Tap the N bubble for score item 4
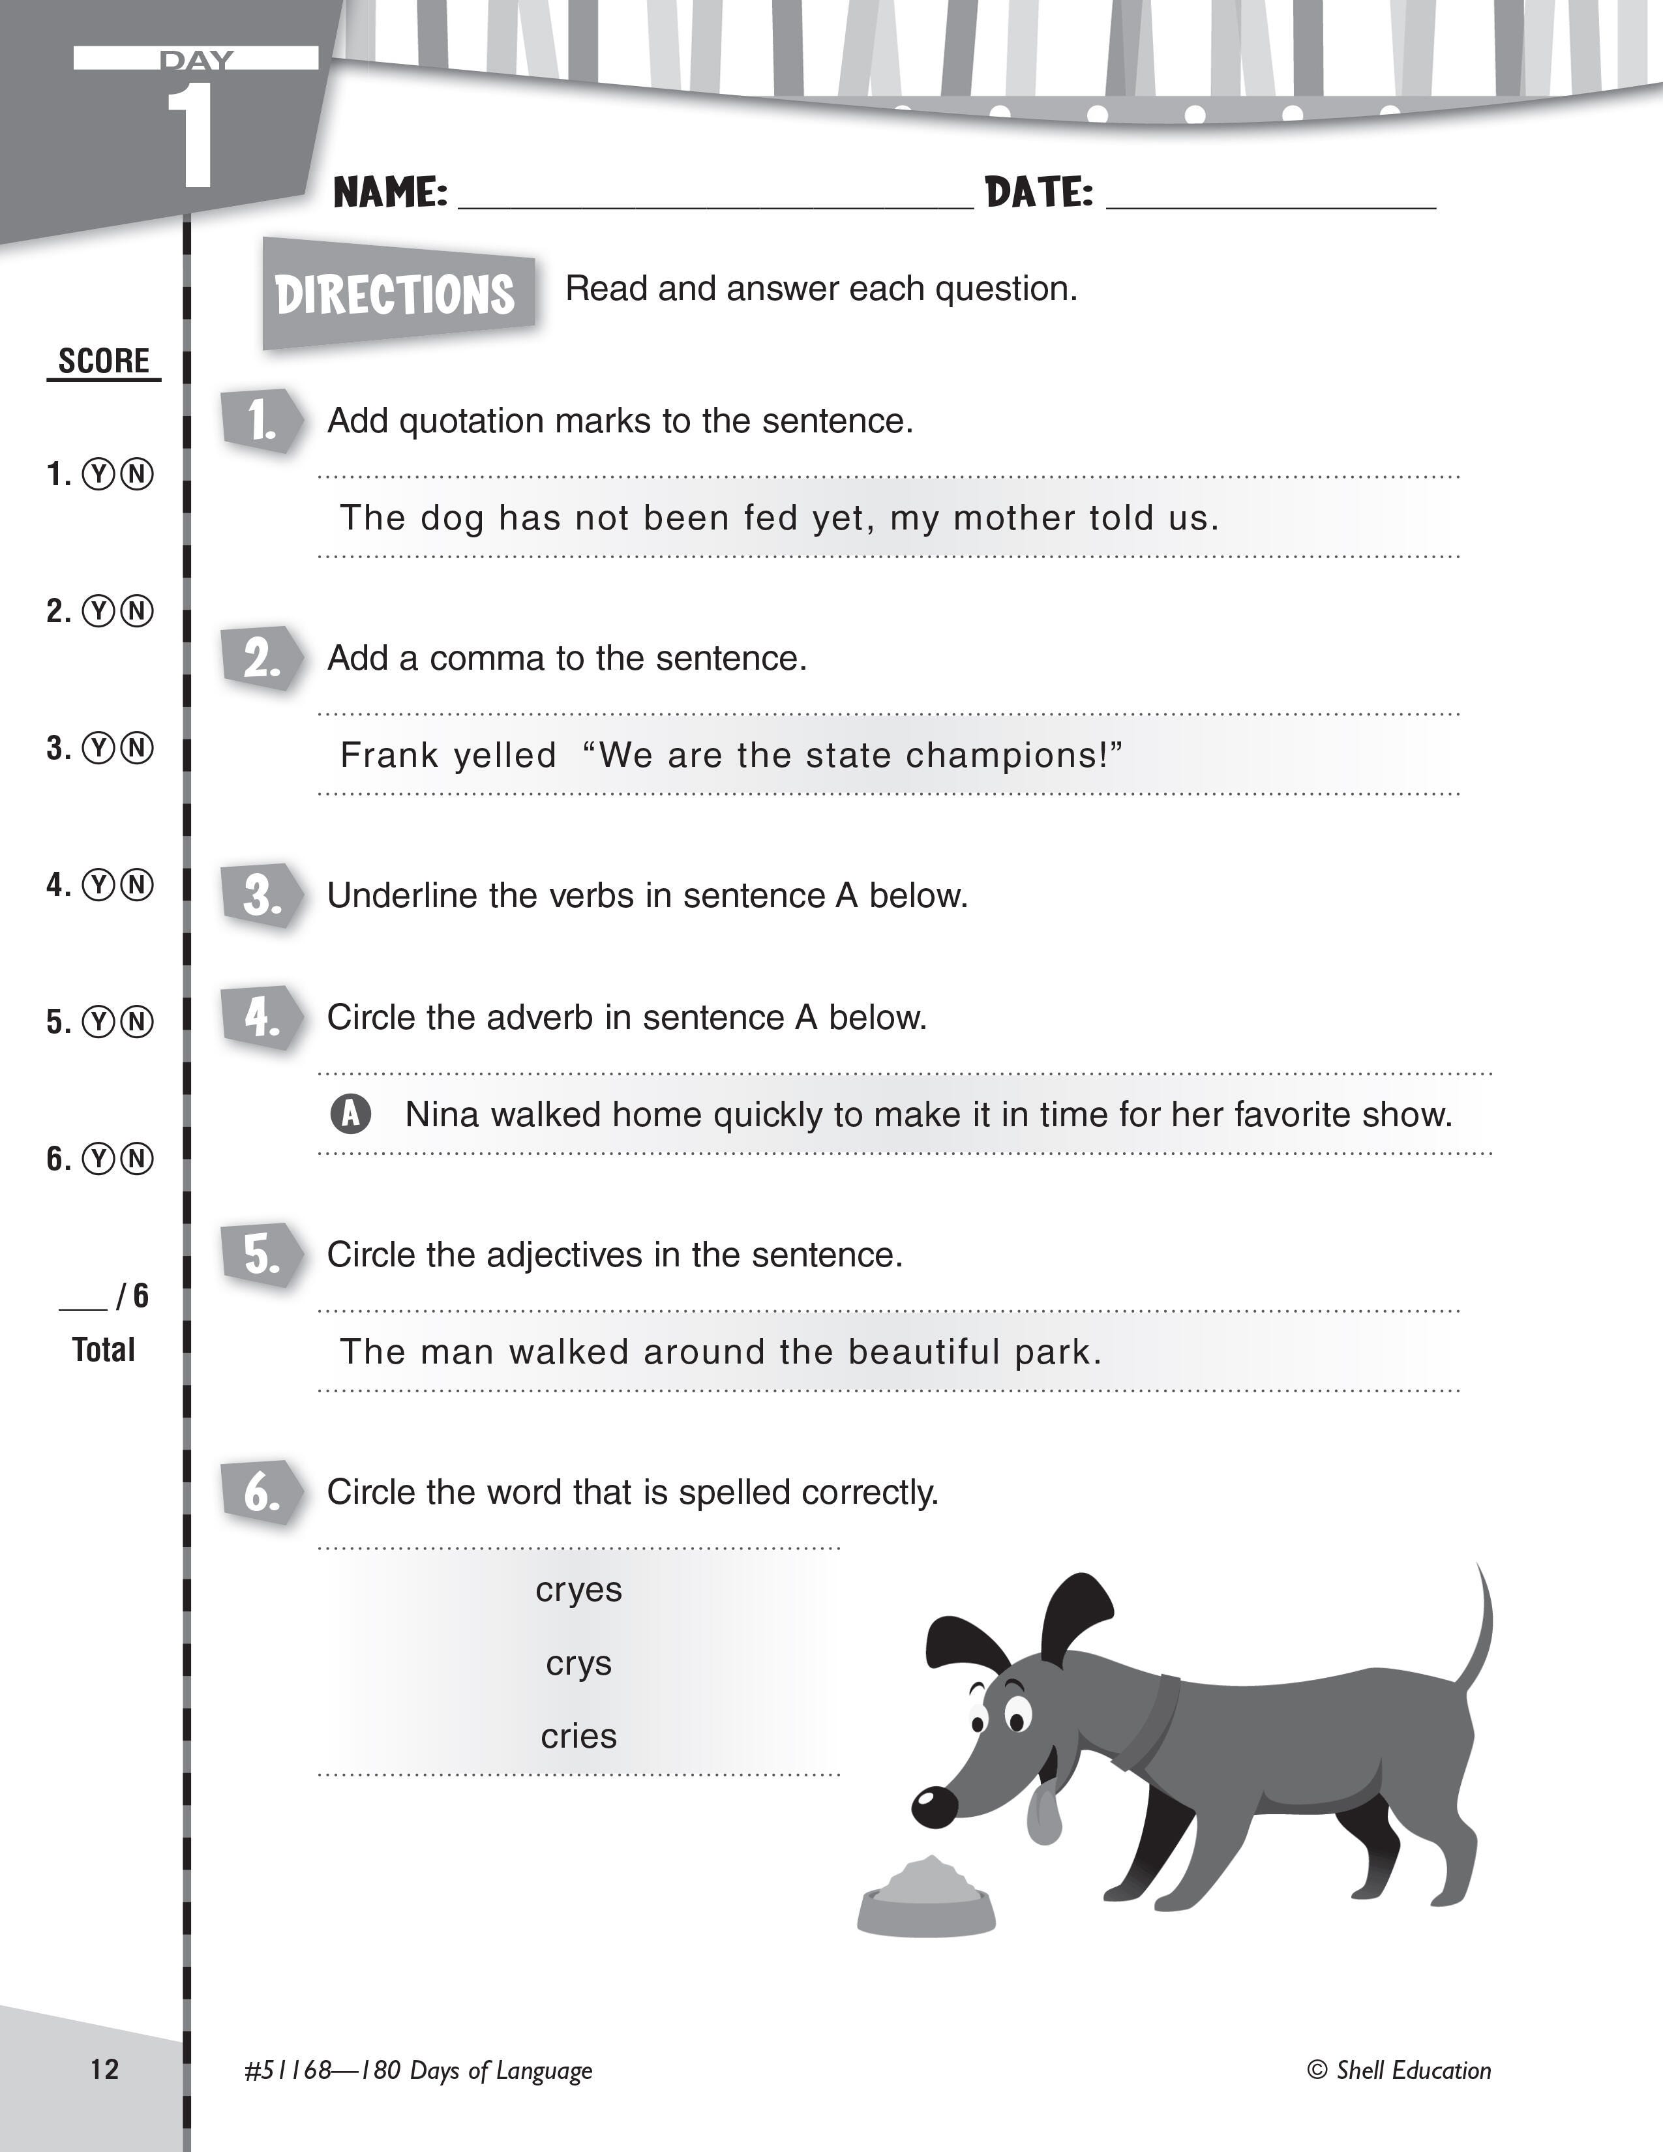click(x=138, y=885)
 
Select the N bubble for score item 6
click(x=138, y=1159)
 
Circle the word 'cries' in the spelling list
click(x=578, y=1736)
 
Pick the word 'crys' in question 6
click(x=578, y=1664)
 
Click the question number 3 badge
click(x=261, y=895)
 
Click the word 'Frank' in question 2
click(x=383, y=756)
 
